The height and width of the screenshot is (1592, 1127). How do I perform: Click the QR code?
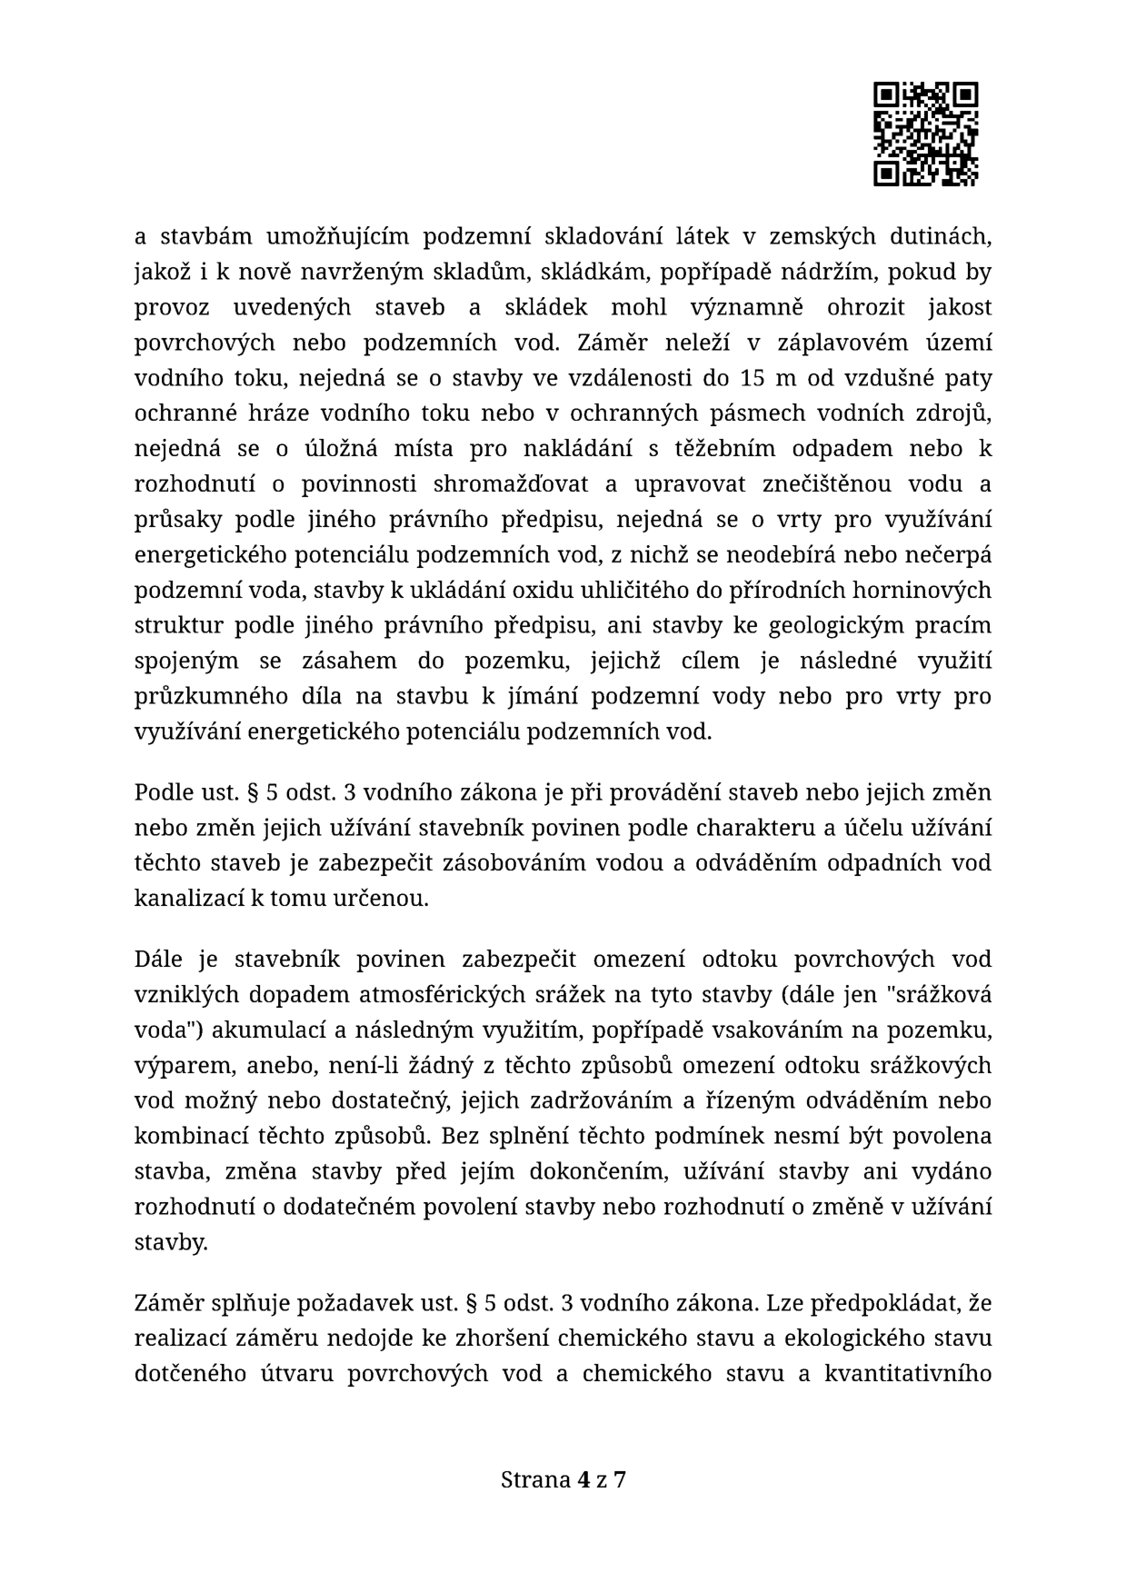click(925, 134)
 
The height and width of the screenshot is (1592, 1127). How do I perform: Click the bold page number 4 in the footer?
click(583, 1480)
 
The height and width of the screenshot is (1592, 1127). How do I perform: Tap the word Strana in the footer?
click(535, 1480)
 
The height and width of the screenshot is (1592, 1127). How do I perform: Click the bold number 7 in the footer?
click(620, 1480)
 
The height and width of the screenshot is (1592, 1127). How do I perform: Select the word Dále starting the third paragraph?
click(159, 960)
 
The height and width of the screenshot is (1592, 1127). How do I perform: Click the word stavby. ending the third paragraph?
click(171, 1242)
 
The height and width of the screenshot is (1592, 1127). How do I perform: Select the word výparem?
click(171, 1066)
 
